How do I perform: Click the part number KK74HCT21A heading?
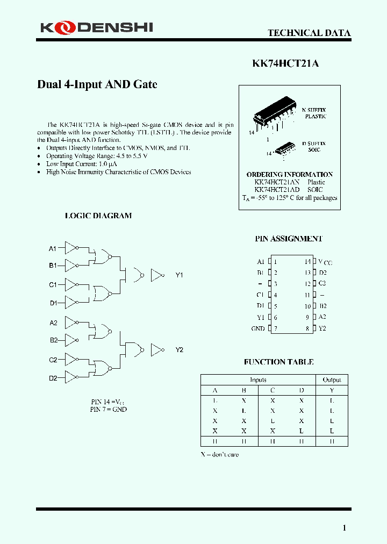click(285, 63)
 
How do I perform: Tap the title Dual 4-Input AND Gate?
click(97, 84)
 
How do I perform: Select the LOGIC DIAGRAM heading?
click(98, 216)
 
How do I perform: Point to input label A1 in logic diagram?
click(53, 248)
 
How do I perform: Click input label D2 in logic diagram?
click(53, 378)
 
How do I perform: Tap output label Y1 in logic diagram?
click(180, 275)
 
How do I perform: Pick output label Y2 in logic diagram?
click(180, 350)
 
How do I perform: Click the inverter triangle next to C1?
click(71, 284)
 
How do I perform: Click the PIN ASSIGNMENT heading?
click(288, 239)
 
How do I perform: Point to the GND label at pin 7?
click(258, 328)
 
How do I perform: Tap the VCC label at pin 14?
click(325, 262)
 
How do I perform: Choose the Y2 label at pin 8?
click(322, 328)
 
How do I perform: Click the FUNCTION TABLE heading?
click(278, 362)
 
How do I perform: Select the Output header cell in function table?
click(332, 380)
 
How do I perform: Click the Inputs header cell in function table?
click(258, 380)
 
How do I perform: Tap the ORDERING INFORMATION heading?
click(289, 175)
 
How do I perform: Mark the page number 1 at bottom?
click(345, 528)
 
